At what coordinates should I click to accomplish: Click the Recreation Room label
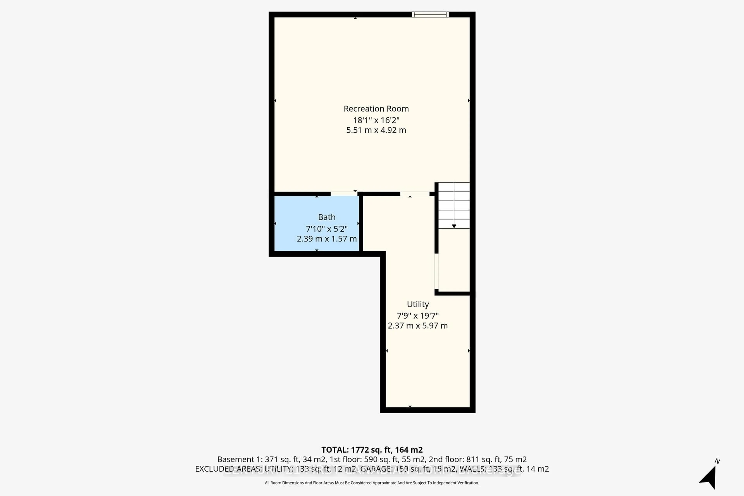point(376,109)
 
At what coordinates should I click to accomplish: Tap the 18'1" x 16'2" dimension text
point(376,120)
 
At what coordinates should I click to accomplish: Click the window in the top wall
point(430,14)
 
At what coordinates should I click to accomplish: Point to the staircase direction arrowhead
point(454,226)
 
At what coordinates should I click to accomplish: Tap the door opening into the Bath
point(344,194)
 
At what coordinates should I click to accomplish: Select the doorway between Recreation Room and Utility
point(415,194)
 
